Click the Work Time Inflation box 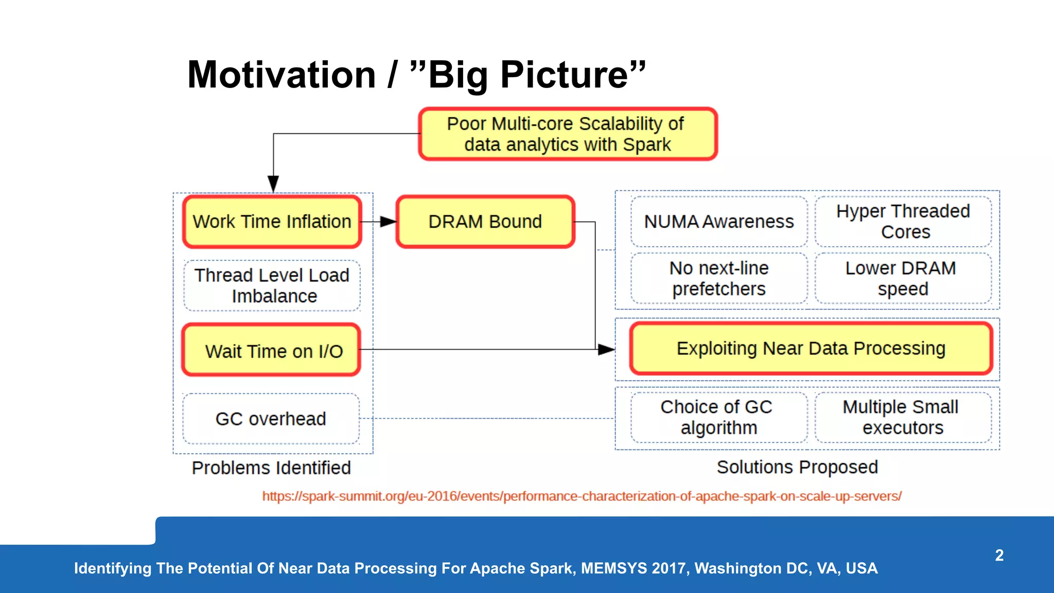coord(272,221)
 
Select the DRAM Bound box coord(485,221)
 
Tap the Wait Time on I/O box coord(271,350)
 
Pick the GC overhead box coord(271,418)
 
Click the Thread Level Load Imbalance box coord(272,286)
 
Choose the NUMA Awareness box coord(718,221)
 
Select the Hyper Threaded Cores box coord(903,221)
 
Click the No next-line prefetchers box coord(718,278)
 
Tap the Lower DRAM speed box coord(903,278)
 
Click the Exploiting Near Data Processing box coord(811,348)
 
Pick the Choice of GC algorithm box coord(718,417)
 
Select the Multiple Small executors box coord(903,417)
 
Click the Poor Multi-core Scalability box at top coord(568,134)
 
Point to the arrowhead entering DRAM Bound coord(389,222)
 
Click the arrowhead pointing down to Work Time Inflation coord(273,184)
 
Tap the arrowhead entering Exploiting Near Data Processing coord(606,350)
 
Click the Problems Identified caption coord(271,468)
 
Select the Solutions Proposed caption coord(797,467)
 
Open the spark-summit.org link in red coord(582,496)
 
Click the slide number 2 coord(999,555)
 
